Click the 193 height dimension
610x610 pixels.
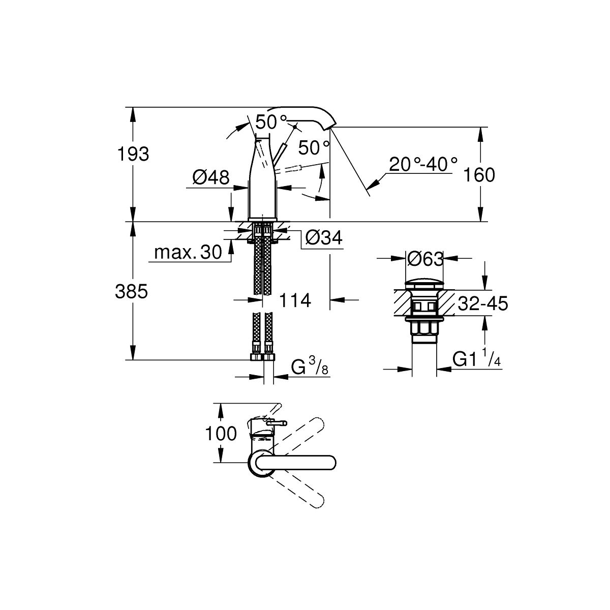pyautogui.click(x=133, y=154)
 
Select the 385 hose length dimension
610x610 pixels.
pyautogui.click(x=131, y=291)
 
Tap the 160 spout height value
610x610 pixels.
pyautogui.click(x=479, y=175)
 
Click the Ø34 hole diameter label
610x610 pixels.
pyautogui.click(x=324, y=237)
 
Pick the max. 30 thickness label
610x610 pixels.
pyautogui.click(x=188, y=252)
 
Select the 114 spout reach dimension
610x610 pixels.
pyautogui.click(x=295, y=300)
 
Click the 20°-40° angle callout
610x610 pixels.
pyautogui.click(x=423, y=164)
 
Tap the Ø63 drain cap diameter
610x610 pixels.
pyautogui.click(x=425, y=259)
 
